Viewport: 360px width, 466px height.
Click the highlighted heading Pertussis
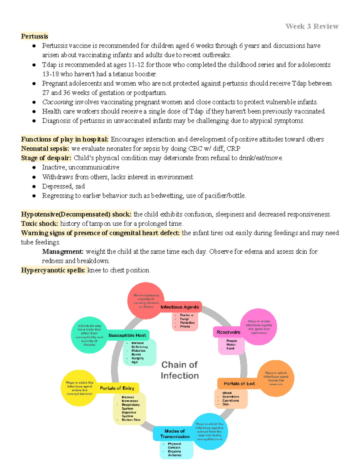coord(34,36)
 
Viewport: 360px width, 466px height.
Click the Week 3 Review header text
coord(312,26)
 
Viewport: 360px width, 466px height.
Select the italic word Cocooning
coord(58,102)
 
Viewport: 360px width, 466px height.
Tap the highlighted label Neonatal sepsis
coord(45,149)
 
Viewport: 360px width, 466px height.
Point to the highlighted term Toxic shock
coord(40,224)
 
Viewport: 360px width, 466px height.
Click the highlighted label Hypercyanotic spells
coord(53,270)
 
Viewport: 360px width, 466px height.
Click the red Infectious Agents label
coord(180,307)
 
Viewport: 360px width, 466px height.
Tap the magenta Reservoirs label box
coord(228,332)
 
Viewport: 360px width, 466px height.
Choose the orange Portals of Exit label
coord(239,383)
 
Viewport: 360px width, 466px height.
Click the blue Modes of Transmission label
coord(175,434)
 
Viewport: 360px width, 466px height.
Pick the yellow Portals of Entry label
coord(117,388)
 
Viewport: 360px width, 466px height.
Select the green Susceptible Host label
coord(127,335)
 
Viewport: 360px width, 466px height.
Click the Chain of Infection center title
coord(180,370)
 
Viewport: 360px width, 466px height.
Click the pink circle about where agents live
coord(259,327)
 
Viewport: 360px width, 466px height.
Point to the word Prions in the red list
coord(185,326)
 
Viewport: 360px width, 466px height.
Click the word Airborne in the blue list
coord(175,455)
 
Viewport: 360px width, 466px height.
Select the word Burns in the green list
coord(136,354)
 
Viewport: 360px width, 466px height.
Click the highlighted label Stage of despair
coord(46,158)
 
